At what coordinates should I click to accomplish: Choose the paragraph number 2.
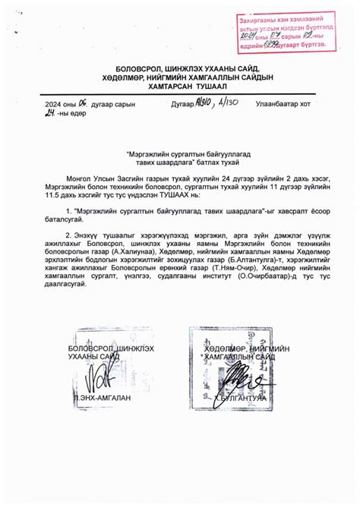pos(69,235)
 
